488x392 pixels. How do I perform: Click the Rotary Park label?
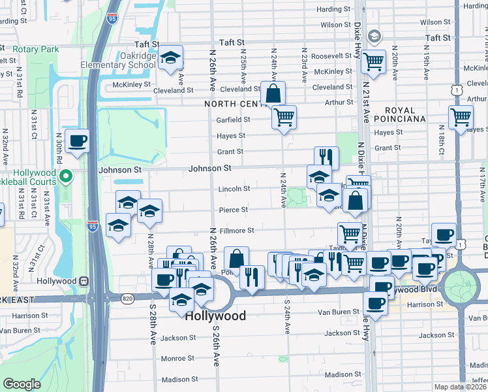(x=35, y=50)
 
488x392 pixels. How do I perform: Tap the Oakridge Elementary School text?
(x=118, y=61)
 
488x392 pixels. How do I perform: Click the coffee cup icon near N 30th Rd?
(x=77, y=142)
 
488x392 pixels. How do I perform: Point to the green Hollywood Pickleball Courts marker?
(x=65, y=176)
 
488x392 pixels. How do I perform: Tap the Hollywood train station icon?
(x=84, y=281)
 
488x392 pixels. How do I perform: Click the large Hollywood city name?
(x=215, y=316)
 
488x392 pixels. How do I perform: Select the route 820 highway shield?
(x=126, y=298)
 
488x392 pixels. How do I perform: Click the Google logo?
(x=22, y=384)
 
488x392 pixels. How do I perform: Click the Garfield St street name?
(x=234, y=120)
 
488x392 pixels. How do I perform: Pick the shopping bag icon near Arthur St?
(x=273, y=94)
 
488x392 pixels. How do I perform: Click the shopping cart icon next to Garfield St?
(x=284, y=118)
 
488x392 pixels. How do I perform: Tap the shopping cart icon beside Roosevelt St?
(x=373, y=63)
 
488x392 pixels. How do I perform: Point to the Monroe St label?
(x=174, y=358)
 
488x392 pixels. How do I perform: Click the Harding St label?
(x=333, y=9)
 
